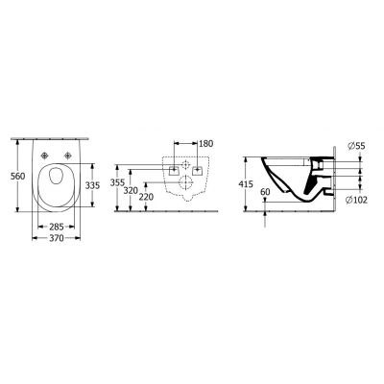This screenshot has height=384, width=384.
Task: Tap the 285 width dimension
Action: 57,228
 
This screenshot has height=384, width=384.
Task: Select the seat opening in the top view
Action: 57,182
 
